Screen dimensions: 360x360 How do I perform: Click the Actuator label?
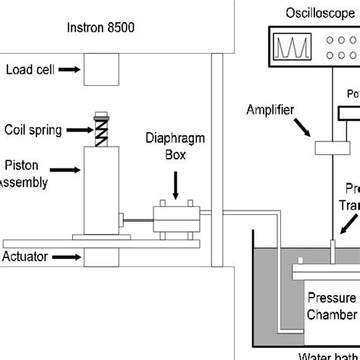pyautogui.click(x=26, y=257)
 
